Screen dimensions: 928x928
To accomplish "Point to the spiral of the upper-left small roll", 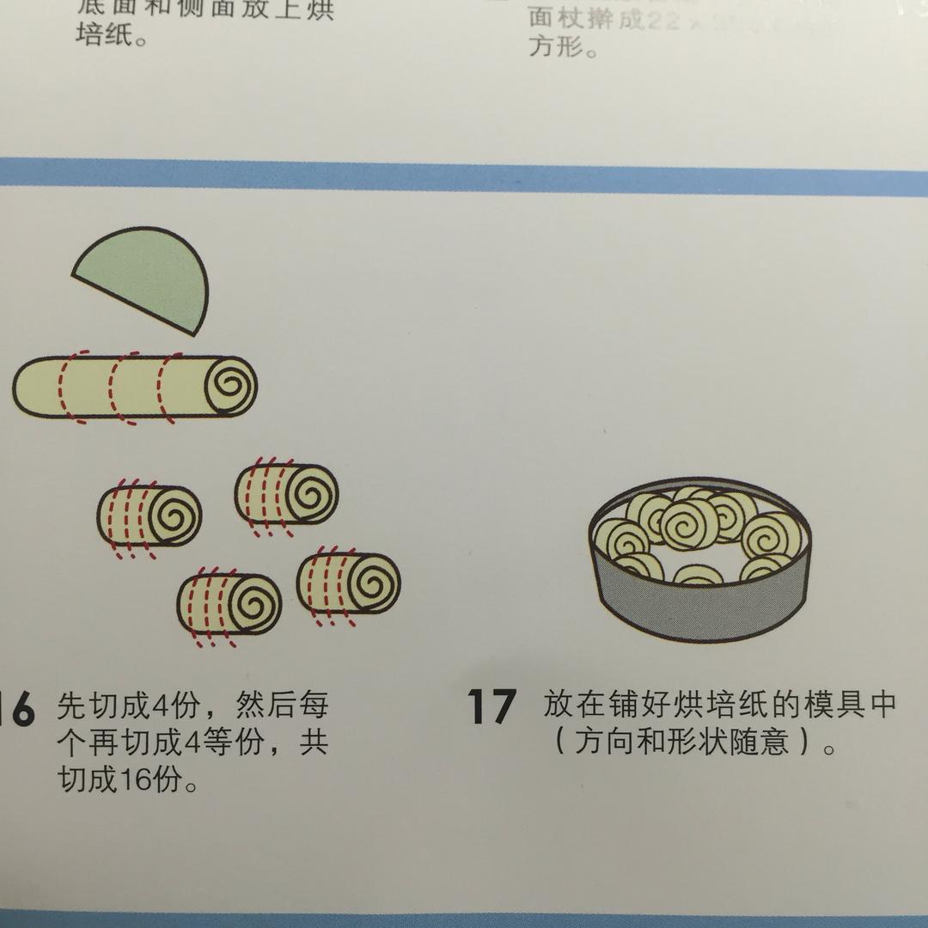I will coord(174,516).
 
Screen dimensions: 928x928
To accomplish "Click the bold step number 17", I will coord(491,706).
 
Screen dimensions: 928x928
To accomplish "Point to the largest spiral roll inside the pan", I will coord(687,523).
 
